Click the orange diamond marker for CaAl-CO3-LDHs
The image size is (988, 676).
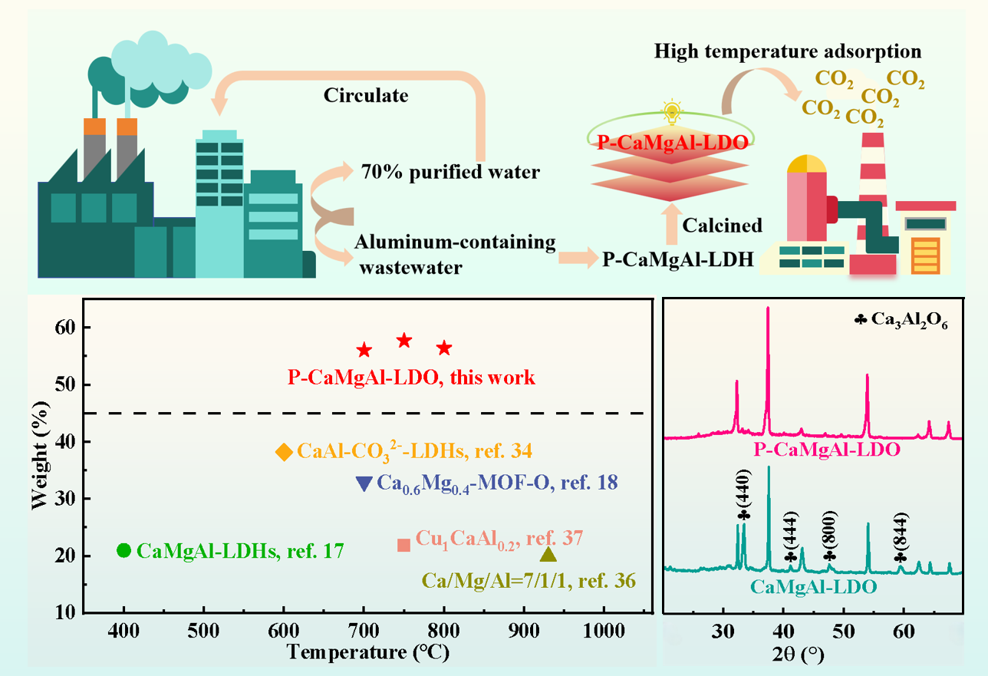[x=284, y=452]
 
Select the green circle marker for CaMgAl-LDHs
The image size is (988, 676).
[x=123, y=550]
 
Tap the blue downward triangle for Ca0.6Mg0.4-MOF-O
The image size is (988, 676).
[x=364, y=483]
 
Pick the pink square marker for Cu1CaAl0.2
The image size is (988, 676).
[x=403, y=545]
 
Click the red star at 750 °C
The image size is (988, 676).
[x=404, y=341]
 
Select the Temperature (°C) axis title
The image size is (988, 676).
[x=367, y=652]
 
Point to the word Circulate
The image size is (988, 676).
[x=366, y=96]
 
